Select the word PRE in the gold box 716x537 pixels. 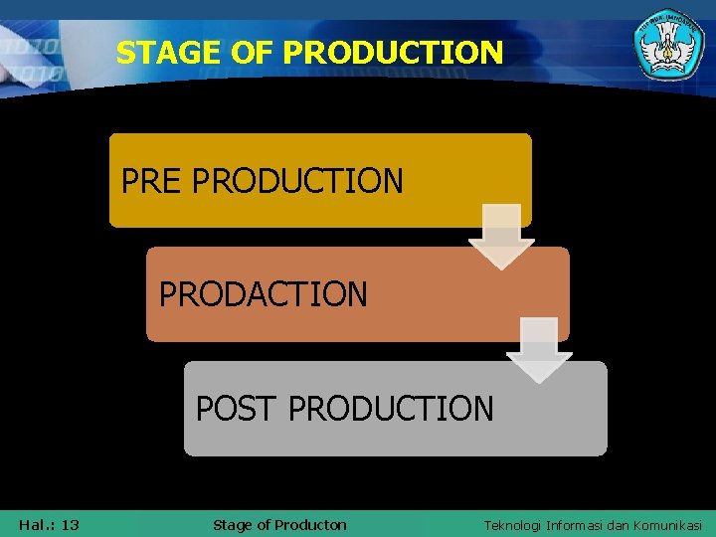click(x=152, y=181)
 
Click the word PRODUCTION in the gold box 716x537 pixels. click(x=297, y=181)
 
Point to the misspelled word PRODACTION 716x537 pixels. click(x=263, y=294)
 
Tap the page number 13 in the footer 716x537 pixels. click(x=70, y=525)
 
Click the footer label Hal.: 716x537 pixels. click(x=37, y=525)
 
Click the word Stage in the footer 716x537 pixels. click(x=233, y=525)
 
